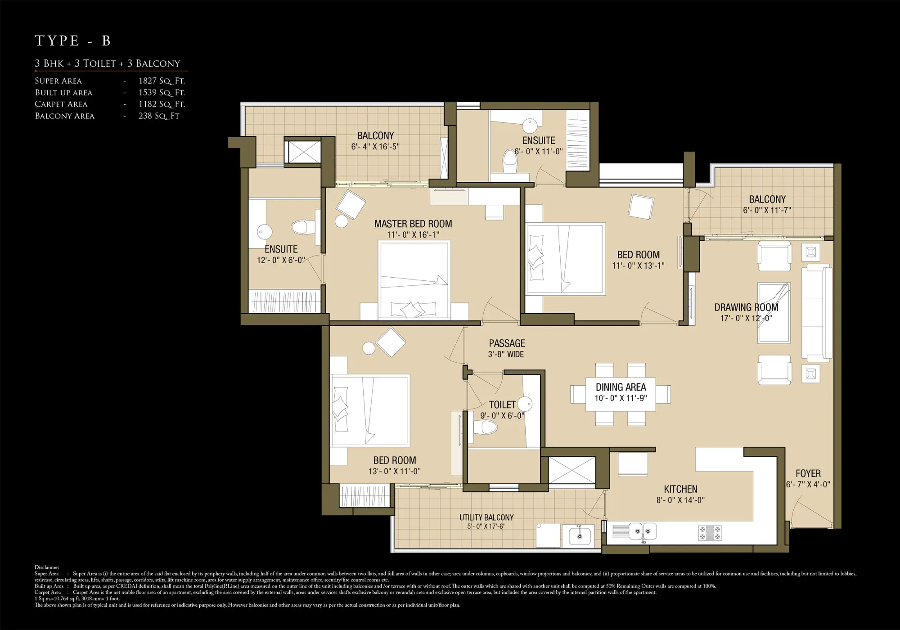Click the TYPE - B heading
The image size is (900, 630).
tap(72, 41)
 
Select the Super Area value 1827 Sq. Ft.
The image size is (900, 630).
tap(162, 81)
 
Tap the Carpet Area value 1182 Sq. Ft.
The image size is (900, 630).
tap(162, 104)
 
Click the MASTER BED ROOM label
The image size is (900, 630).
tap(413, 224)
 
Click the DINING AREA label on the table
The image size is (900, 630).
tap(621, 387)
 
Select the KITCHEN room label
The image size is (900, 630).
tap(680, 489)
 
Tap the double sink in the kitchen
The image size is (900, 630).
tap(642, 531)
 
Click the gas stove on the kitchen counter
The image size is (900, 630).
tap(710, 533)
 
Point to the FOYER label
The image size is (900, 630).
tap(808, 473)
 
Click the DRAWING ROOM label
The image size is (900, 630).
tap(746, 307)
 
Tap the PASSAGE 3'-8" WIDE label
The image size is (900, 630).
tap(507, 348)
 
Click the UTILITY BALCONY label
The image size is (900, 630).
tap(486, 517)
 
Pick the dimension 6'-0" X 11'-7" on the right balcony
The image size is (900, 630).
tap(767, 211)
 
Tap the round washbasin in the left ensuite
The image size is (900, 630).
tap(265, 232)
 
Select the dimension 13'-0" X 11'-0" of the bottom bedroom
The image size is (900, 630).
tap(394, 472)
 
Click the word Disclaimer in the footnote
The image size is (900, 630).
tap(47, 567)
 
